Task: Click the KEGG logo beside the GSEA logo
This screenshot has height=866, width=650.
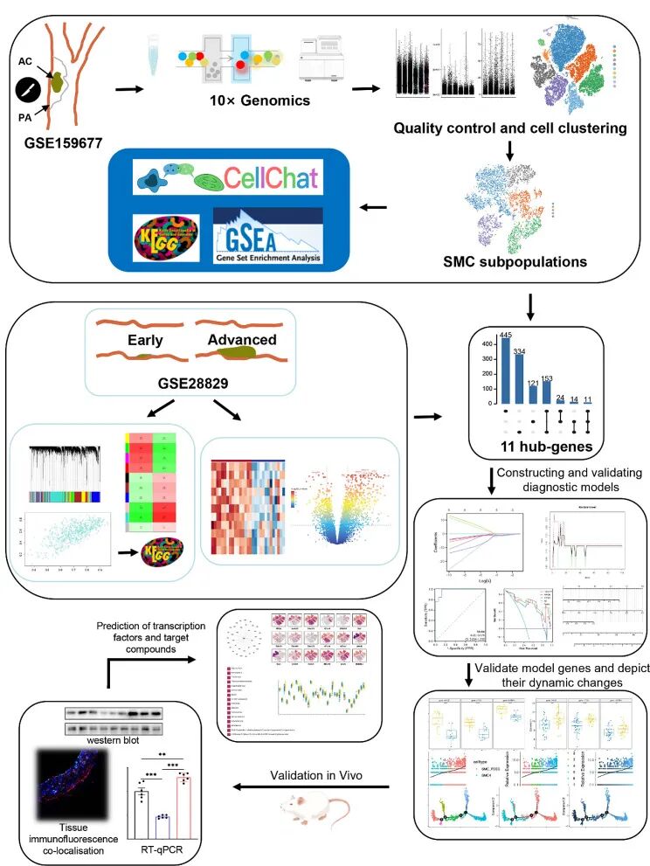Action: click(x=167, y=239)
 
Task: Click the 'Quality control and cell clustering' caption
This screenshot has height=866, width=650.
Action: click(x=510, y=128)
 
